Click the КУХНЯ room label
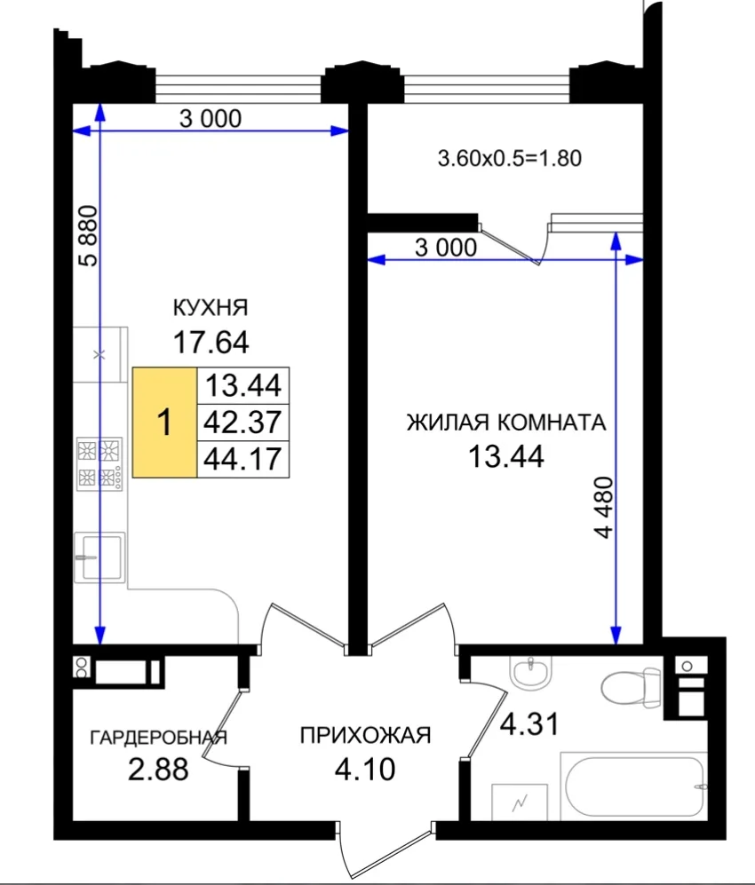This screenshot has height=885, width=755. [x=210, y=308]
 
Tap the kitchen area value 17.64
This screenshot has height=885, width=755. [x=211, y=342]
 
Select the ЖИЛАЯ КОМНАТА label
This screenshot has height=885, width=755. [x=506, y=423]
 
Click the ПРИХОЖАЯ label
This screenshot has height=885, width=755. [x=365, y=736]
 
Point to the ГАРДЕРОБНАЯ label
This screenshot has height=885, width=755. [x=159, y=737]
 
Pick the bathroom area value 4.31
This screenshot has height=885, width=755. [x=529, y=723]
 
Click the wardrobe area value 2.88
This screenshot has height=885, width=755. [x=158, y=769]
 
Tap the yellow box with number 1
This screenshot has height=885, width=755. [x=164, y=423]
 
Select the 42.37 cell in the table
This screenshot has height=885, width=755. [x=242, y=423]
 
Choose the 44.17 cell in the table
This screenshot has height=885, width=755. [x=242, y=459]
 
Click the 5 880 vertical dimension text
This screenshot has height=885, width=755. [x=89, y=235]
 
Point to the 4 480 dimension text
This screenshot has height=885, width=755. [x=604, y=507]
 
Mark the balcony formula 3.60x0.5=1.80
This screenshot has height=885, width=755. [x=509, y=158]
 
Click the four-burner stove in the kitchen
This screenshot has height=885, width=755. [x=99, y=463]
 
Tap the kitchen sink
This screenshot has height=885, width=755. [x=99, y=557]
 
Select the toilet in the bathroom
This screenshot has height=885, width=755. [x=631, y=686]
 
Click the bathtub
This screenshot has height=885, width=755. [x=633, y=786]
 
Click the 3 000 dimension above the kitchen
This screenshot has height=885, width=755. [x=210, y=119]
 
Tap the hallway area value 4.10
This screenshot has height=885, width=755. [x=365, y=769]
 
